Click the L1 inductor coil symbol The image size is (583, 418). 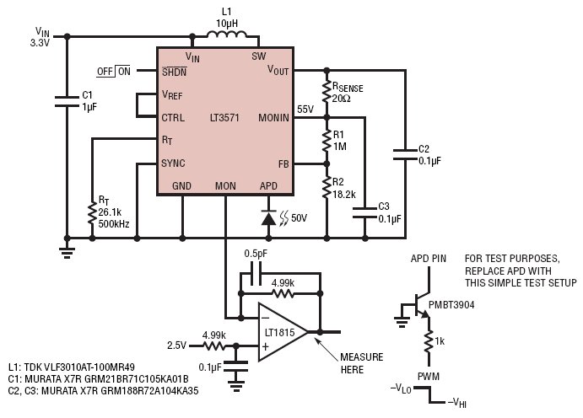pos(226,35)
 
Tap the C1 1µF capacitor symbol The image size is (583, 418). pos(67,102)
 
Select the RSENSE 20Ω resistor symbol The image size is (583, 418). pos(327,91)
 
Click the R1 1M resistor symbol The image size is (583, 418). pos(327,141)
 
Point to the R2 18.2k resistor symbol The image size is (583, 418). pos(327,187)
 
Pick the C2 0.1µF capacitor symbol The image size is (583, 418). pos(405,155)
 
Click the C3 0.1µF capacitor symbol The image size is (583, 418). pos(364,212)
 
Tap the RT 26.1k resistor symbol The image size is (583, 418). pos(92,213)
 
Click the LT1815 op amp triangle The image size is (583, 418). pos(283,332)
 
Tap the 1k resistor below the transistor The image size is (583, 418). pos(429,341)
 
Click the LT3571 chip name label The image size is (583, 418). pos(224,118)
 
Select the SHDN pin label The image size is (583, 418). pos(175,72)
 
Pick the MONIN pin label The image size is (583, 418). pos(273,118)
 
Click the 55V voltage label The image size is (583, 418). pos(305,110)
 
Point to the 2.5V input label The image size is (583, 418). pos(176,346)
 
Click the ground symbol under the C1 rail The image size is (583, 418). pos(67,252)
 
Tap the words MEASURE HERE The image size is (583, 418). pos(361,363)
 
